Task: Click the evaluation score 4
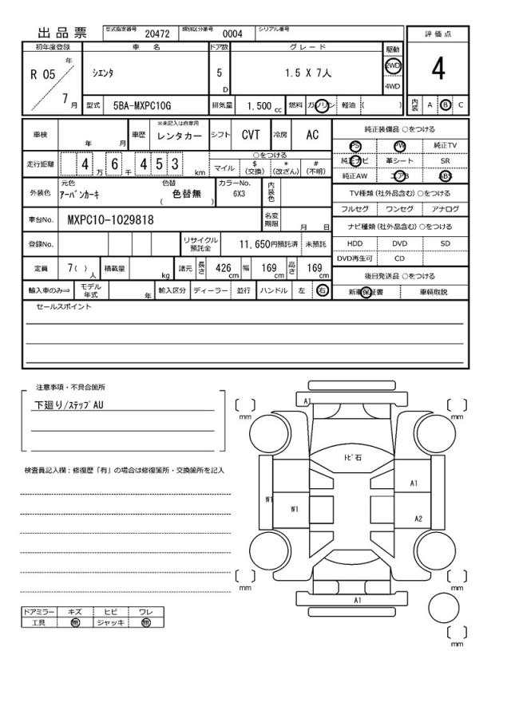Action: pyautogui.click(x=438, y=70)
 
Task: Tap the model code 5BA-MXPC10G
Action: pyautogui.click(x=142, y=105)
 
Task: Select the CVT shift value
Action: pyautogui.click(x=251, y=136)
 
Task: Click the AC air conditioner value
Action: pyautogui.click(x=312, y=136)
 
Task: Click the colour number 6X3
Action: pyautogui.click(x=239, y=193)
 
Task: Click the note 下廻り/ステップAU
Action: pyautogui.click(x=68, y=404)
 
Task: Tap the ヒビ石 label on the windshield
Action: pyautogui.click(x=352, y=458)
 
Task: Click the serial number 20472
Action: pyautogui.click(x=157, y=34)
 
